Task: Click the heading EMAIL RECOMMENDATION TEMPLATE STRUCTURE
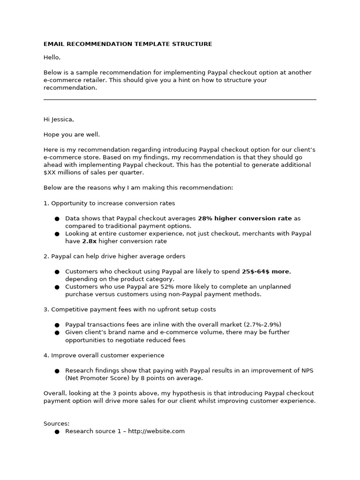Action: tap(127, 44)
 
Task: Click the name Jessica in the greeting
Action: tap(63, 120)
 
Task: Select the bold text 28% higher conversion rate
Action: tap(245, 218)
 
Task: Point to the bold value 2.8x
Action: tap(89, 241)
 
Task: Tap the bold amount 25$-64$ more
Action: tap(266, 271)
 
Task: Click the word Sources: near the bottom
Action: tap(56, 424)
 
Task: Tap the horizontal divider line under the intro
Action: tap(180, 99)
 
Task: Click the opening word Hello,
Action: tap(52, 57)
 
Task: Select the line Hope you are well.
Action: tap(72, 135)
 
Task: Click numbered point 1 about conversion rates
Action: tap(109, 203)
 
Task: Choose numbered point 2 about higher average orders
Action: tap(114, 256)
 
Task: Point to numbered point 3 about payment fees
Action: tap(130, 309)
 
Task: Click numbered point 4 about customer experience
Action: tap(104, 355)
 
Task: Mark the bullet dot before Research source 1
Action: tap(57, 432)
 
